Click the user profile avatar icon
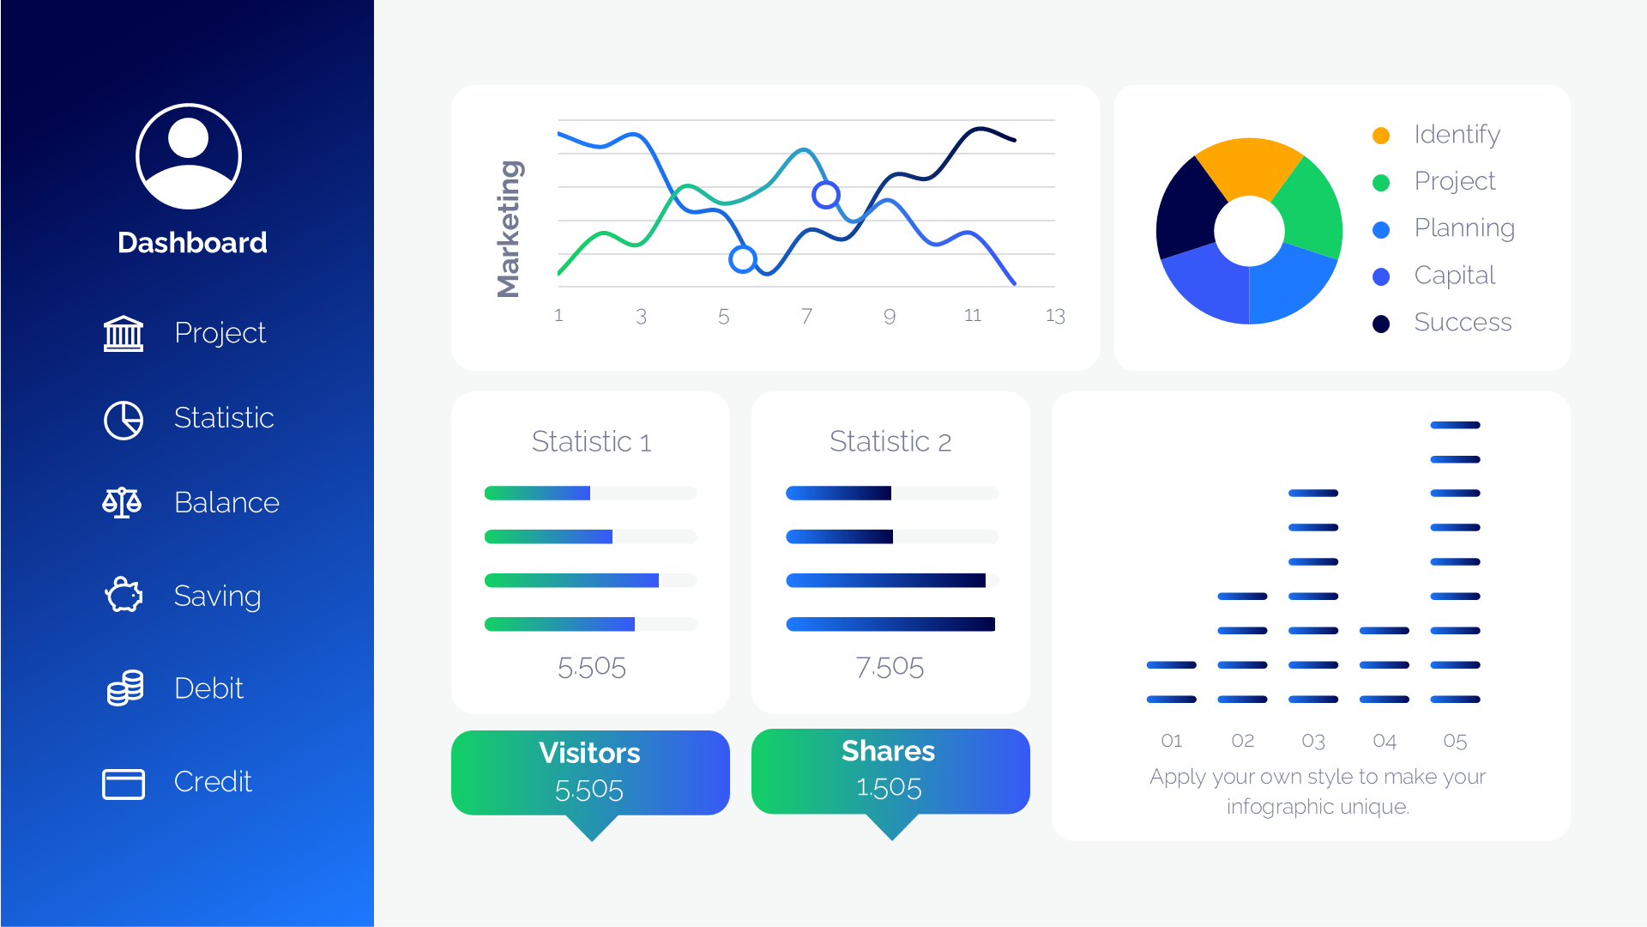[x=189, y=156]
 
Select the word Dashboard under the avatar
[x=192, y=243]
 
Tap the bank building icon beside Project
[x=124, y=333]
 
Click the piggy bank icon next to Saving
[x=124, y=595]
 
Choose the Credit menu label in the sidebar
[x=213, y=782]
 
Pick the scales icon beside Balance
[x=122, y=503]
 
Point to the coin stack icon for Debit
[x=124, y=688]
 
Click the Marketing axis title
[x=509, y=229]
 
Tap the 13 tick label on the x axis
[x=1055, y=316]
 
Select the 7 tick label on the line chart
[x=806, y=316]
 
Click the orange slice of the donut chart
[x=1248, y=167]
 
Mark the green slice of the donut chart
[x=1308, y=210]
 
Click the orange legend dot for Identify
[x=1381, y=136]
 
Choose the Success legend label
[x=1463, y=323]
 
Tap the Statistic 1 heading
[x=591, y=442]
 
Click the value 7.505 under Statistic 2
[x=890, y=667]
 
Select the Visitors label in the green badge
[x=589, y=753]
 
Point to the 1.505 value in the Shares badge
[x=889, y=788]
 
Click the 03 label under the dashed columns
[x=1313, y=741]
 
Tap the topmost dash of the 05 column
[x=1455, y=425]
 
